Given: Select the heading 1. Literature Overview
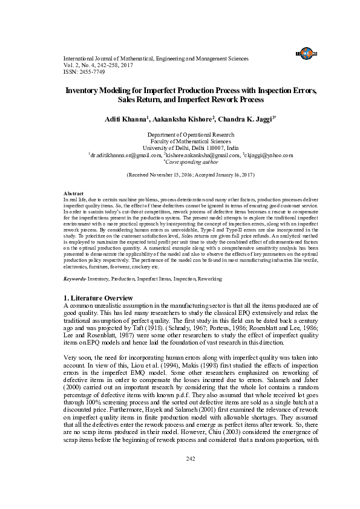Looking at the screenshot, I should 98,299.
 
